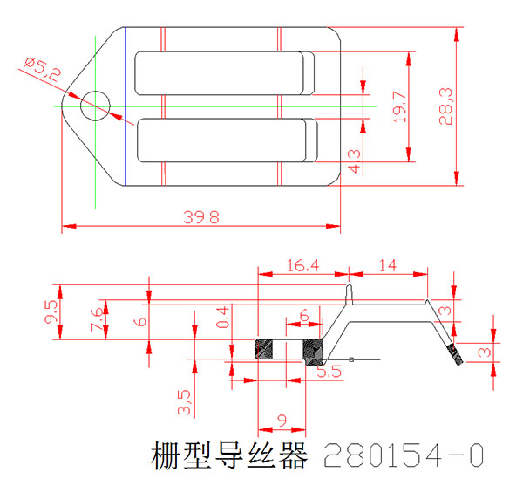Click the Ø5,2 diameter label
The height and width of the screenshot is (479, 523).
click(43, 70)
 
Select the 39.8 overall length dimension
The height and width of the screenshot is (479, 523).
click(200, 217)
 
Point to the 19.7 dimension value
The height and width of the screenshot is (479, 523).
click(400, 106)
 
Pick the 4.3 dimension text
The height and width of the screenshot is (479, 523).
click(354, 161)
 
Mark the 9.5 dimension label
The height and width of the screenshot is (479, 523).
click(51, 311)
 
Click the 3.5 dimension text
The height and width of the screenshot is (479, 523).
click(183, 401)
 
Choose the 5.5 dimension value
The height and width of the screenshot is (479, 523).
click(329, 372)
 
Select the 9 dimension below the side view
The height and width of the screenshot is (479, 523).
click(282, 420)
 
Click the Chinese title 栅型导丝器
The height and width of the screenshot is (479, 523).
click(229, 455)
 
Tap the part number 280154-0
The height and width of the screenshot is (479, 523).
click(403, 455)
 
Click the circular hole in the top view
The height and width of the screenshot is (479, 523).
click(96, 106)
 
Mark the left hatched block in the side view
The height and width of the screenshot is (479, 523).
click(264, 349)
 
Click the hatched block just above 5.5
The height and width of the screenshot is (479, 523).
click(311, 349)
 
